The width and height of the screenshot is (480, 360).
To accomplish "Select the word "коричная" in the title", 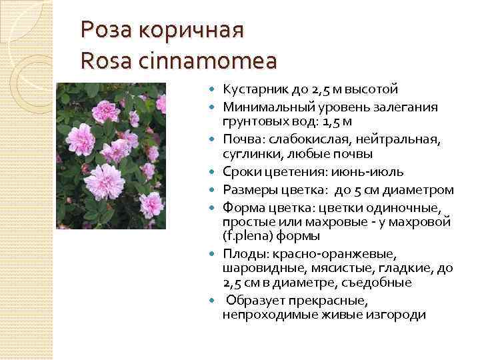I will click(x=193, y=30).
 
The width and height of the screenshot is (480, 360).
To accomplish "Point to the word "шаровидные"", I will click(x=257, y=268).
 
